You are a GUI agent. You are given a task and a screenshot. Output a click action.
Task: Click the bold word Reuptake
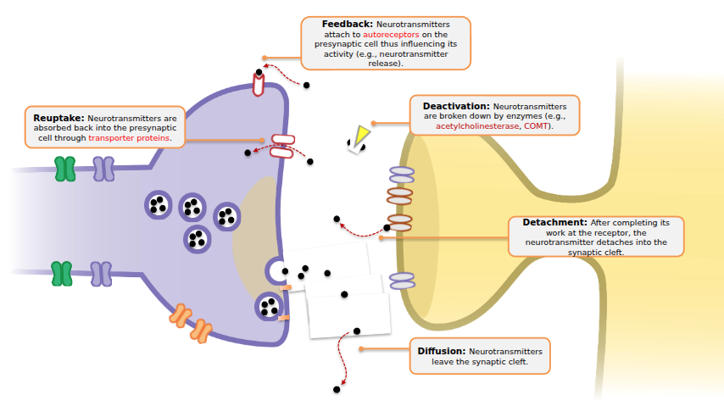(58, 118)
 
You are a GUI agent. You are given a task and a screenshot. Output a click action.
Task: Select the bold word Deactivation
(455, 106)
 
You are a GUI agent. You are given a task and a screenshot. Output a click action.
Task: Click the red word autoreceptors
(391, 35)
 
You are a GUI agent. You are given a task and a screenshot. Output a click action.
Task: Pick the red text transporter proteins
(129, 137)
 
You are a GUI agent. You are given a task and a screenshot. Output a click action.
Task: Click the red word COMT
(536, 125)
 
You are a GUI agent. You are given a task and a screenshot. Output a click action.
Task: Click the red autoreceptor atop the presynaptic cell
(259, 84)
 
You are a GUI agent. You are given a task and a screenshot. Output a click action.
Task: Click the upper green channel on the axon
(64, 169)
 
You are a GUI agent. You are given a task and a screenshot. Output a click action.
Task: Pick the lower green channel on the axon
(61, 274)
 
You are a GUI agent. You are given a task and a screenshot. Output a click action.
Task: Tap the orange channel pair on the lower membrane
(192, 323)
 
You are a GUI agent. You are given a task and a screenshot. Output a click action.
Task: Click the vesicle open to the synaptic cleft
(276, 271)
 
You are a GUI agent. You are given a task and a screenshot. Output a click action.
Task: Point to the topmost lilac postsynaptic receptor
(402, 175)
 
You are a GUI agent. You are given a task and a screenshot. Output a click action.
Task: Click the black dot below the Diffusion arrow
(337, 389)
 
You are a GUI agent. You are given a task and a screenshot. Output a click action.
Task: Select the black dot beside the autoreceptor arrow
(306, 86)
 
